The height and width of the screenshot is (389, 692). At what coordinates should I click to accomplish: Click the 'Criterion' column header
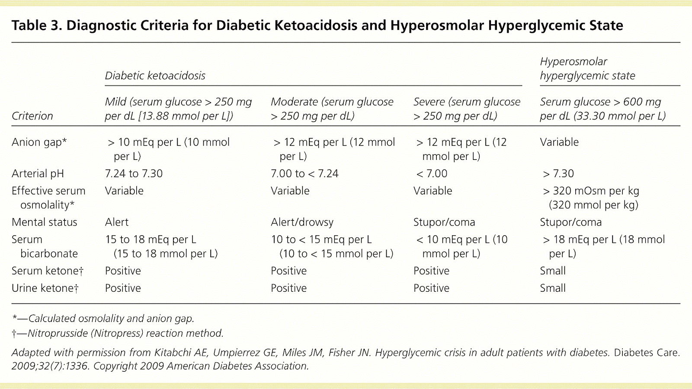[32, 116]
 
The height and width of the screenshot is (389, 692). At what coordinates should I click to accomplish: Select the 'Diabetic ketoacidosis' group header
[155, 76]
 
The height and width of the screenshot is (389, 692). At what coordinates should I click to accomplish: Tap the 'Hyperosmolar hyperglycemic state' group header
[587, 69]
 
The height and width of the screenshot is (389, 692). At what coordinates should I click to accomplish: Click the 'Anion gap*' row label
[39, 142]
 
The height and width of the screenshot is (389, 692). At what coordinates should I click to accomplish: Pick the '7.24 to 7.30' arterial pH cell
[134, 174]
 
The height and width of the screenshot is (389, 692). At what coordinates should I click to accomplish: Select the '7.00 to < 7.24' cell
[304, 174]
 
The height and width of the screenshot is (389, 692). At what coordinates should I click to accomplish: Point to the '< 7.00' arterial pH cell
[431, 174]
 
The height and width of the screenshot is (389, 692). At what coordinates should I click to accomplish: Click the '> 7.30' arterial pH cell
[558, 174]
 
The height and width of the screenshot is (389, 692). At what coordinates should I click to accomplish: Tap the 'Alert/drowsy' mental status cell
[302, 222]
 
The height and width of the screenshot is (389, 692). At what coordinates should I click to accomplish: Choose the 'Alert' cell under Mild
[117, 222]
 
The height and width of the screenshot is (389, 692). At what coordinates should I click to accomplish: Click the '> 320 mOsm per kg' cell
[591, 198]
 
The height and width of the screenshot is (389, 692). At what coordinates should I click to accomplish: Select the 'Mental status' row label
[44, 222]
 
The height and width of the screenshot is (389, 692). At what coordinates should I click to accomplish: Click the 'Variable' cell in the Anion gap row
[559, 142]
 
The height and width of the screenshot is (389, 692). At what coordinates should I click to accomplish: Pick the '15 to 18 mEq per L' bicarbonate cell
[161, 246]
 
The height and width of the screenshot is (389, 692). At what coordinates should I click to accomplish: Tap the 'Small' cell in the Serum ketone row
[552, 271]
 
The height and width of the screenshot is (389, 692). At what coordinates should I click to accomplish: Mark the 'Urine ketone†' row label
[45, 288]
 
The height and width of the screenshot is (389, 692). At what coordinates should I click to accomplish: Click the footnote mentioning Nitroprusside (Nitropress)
[118, 333]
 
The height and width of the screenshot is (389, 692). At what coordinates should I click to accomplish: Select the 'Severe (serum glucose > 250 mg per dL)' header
[467, 109]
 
